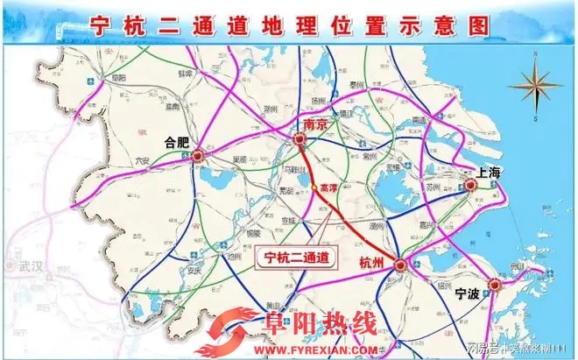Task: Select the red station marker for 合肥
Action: [x=198, y=157]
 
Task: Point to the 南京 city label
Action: [x=315, y=124]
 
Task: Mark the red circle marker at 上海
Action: [x=470, y=185]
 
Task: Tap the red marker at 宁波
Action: [x=497, y=285]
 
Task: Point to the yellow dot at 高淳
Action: [x=314, y=187]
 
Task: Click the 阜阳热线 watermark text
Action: [x=307, y=325]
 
